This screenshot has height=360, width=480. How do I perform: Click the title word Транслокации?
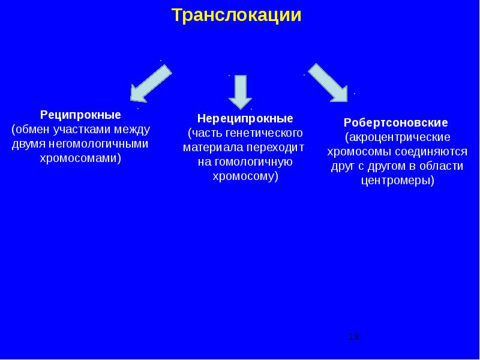click(236, 16)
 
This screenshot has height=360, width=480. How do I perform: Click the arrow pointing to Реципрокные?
click(151, 83)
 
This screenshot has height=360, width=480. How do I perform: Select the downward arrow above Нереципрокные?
click(241, 90)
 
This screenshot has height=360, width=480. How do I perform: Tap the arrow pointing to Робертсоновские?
click(328, 81)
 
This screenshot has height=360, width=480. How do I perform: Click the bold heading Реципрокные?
click(80, 114)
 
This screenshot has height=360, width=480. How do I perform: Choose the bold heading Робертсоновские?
click(396, 122)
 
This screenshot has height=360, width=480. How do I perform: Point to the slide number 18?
click(353, 337)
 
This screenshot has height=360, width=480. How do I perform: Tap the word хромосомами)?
click(80, 158)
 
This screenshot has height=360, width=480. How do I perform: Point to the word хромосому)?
click(245, 176)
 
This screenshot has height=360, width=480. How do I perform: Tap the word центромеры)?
click(397, 180)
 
